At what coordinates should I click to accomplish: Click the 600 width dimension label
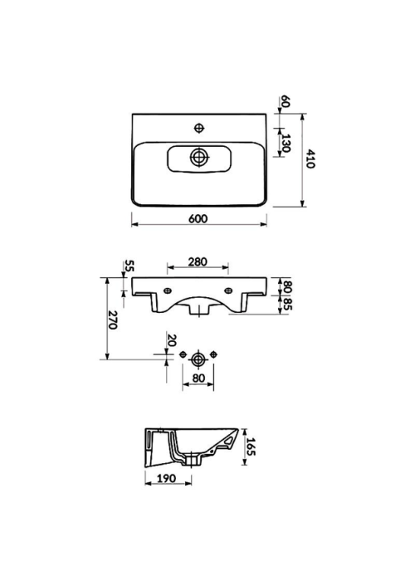pos(198,219)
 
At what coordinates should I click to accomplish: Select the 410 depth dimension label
pos(310,159)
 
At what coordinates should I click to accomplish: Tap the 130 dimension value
pos(285,144)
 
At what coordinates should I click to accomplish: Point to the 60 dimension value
pos(285,100)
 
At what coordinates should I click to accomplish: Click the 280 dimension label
pos(198,262)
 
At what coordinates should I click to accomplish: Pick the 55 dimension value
pos(129,266)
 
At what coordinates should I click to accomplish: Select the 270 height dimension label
pos(113,320)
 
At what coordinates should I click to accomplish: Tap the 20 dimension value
pos(171,339)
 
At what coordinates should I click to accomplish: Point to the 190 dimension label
pos(166,479)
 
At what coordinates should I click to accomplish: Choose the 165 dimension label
pos(251,447)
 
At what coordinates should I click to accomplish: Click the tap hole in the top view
pos(199,128)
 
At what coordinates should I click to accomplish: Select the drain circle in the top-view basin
pos(199,157)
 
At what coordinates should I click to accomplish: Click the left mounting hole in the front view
pos(168,290)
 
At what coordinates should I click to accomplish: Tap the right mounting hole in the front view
pos(228,290)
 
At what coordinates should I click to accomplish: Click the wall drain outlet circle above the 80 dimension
pos(198,359)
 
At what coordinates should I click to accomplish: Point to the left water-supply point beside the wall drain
pos(183,354)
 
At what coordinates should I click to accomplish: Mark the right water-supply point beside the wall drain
pos(213,354)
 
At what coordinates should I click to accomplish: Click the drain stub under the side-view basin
pos(193,460)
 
